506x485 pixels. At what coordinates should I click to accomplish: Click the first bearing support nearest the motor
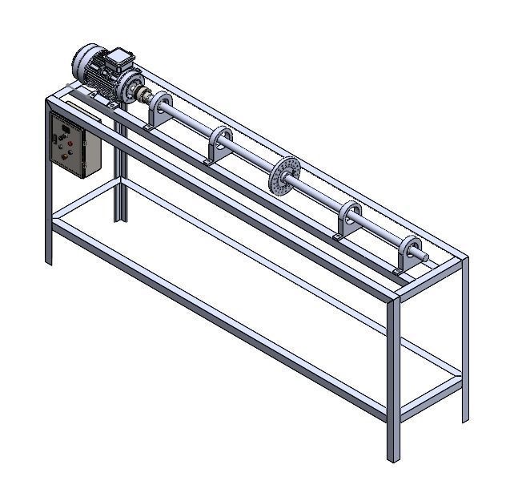click(159, 107)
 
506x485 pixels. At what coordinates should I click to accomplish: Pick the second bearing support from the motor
click(221, 143)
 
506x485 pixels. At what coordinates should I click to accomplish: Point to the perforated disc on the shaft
click(284, 176)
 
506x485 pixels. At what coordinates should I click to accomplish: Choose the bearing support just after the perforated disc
click(350, 217)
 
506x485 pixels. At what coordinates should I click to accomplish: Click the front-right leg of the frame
click(392, 377)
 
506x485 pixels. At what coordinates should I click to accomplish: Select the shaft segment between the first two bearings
click(191, 124)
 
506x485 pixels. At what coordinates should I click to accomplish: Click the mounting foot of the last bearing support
click(398, 272)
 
